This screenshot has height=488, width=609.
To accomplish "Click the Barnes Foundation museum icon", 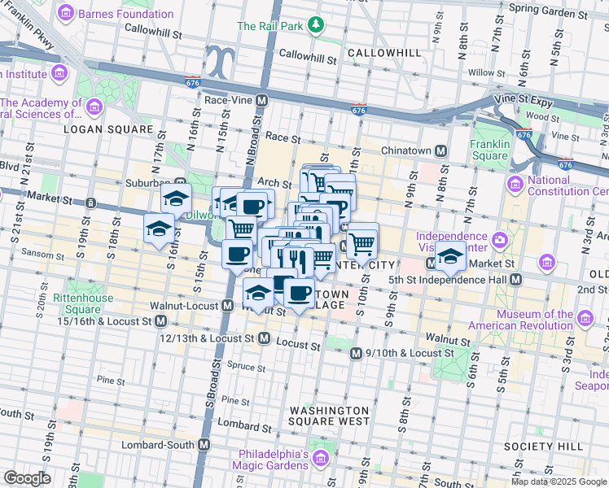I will click(66, 14).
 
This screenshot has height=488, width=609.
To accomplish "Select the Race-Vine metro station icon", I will click(262, 101).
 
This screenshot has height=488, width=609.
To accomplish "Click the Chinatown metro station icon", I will click(440, 150).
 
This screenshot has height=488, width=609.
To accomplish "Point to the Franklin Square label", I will click(489, 150).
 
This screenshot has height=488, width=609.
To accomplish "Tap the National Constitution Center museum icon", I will click(515, 185).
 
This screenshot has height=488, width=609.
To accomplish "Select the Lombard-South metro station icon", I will click(204, 445).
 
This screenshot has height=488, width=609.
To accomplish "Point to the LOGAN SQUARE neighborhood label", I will click(108, 129).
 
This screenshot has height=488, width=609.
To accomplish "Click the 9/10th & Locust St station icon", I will click(356, 354).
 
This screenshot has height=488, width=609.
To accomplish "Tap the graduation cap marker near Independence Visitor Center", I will click(450, 257).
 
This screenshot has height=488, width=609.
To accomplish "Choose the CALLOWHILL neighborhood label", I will click(384, 53).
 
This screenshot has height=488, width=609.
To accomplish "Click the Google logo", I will click(27, 478).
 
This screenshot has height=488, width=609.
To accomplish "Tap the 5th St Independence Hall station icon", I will click(515, 279).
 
